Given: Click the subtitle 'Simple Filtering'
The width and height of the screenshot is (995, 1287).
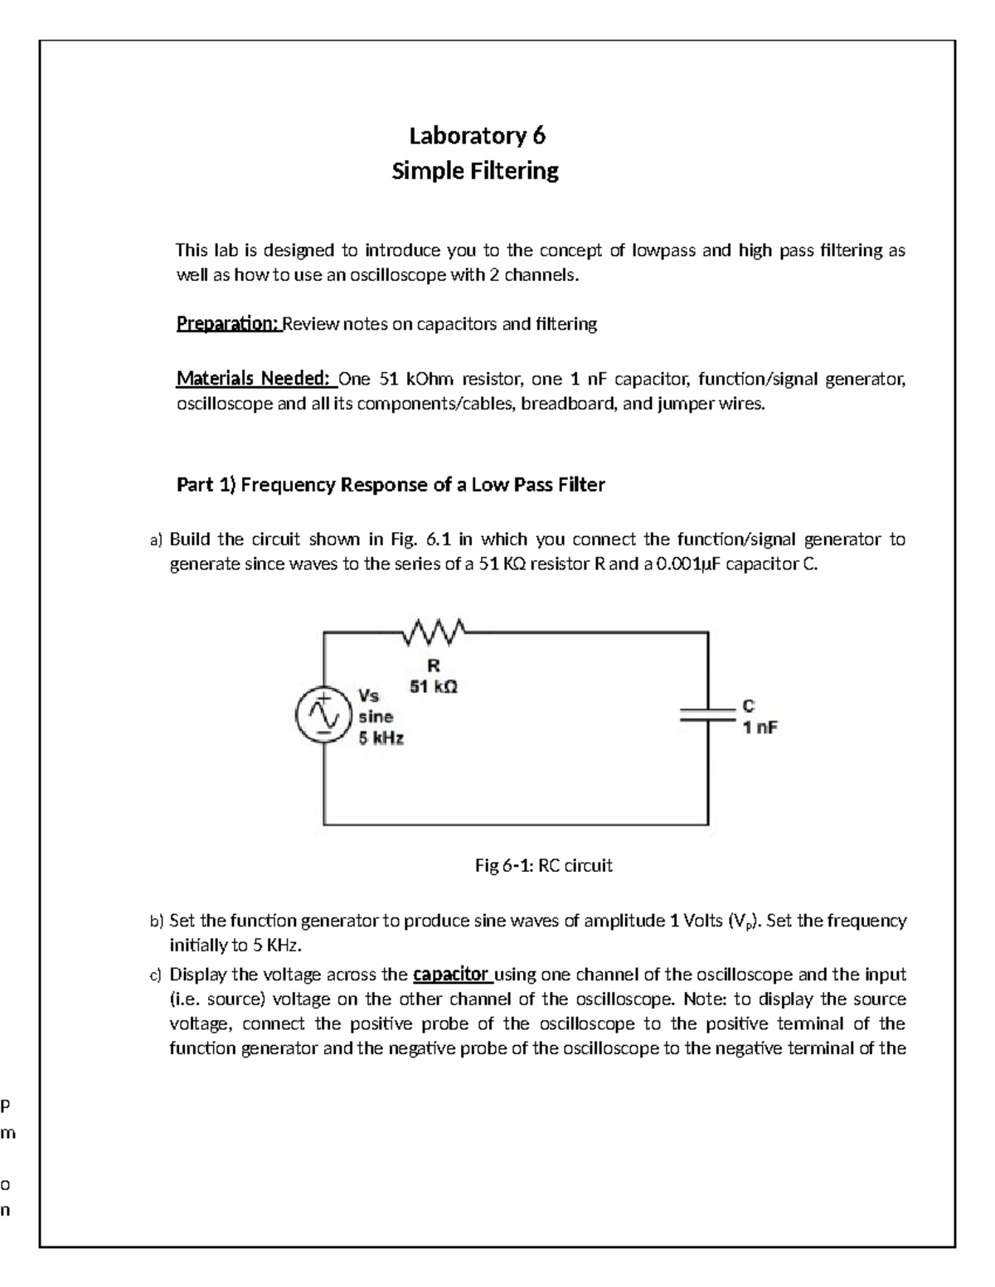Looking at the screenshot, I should click(x=475, y=171).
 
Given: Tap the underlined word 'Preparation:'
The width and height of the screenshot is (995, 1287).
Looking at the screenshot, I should click(x=229, y=324).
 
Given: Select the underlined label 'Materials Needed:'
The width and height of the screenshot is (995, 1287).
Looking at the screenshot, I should click(x=255, y=380).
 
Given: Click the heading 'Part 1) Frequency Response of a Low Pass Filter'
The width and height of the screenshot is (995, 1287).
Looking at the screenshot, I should click(x=391, y=485).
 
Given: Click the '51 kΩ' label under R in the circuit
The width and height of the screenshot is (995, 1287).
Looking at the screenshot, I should click(x=433, y=686).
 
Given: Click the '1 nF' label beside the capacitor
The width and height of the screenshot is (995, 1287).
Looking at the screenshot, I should click(x=760, y=728).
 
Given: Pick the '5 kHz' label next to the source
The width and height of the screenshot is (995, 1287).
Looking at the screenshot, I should click(x=381, y=738).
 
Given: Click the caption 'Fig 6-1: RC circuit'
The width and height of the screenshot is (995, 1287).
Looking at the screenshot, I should click(x=543, y=866).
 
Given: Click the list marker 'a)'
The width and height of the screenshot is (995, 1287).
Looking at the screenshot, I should click(x=157, y=540).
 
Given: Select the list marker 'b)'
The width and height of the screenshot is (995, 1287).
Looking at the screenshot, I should click(x=157, y=922).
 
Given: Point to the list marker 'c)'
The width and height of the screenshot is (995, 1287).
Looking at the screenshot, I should click(x=157, y=975).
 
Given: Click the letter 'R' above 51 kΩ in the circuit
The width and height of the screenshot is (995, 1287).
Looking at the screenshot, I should click(x=433, y=665).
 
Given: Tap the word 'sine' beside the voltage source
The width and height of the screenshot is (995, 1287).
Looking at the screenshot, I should click(x=376, y=716).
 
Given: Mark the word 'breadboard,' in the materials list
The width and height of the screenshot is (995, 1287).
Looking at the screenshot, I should click(x=568, y=405).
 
